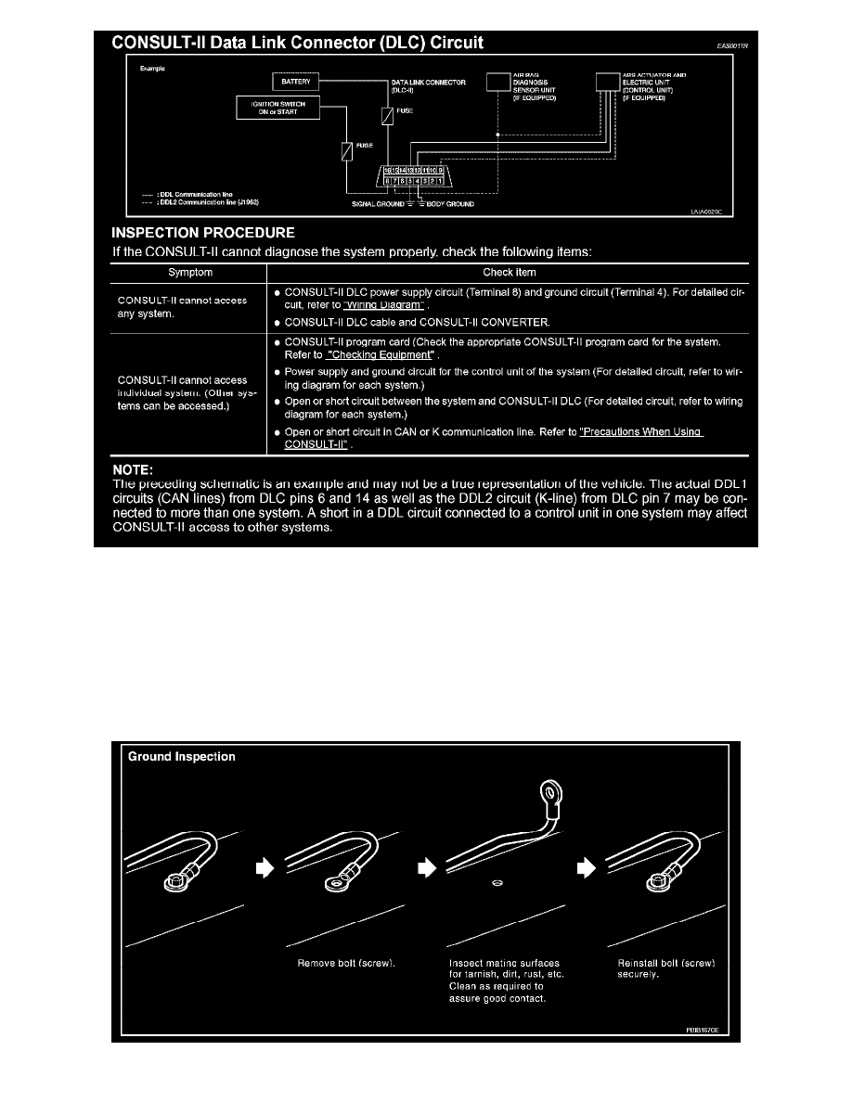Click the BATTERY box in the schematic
click(296, 82)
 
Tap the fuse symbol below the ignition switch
click(345, 151)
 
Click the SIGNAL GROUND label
click(377, 204)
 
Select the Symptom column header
click(189, 273)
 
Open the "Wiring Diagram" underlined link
click(384, 306)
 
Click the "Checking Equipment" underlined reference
click(381, 355)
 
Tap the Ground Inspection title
click(181, 756)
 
